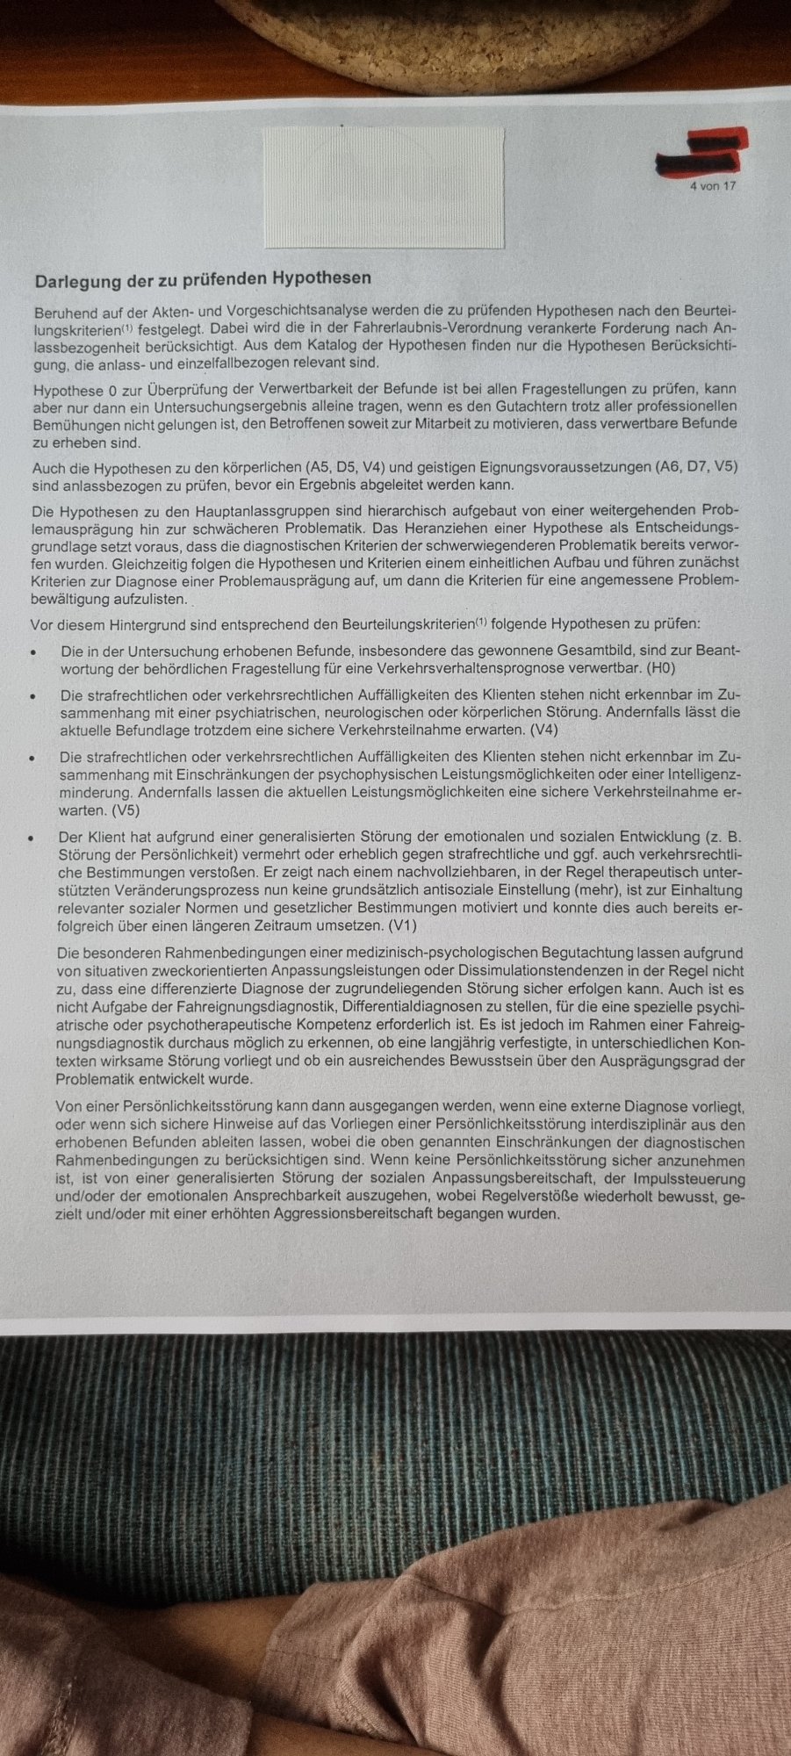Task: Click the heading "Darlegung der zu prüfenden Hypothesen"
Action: (x=203, y=278)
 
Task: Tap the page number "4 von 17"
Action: (x=713, y=186)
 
